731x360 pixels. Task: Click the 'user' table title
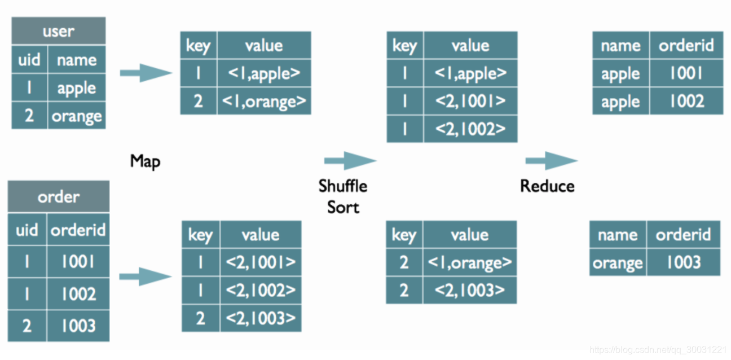58,31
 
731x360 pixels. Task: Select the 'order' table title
58,197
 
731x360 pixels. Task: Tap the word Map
145,161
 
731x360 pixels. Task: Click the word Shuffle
342,186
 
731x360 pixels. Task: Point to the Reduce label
547,186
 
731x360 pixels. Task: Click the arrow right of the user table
146,73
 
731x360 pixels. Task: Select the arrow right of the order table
145,276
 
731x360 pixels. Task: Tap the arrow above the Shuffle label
350,161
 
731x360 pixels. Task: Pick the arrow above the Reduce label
551,161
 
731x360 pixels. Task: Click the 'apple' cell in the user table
77,88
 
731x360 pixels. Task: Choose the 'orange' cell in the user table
77,116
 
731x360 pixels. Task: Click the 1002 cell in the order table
78,293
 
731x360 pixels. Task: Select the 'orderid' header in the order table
78,230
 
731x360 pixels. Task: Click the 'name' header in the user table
77,60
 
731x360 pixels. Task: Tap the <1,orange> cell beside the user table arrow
264,101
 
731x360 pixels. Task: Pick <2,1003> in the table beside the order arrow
261,318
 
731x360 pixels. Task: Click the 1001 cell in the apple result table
686,73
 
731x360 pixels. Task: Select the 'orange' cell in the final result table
618,262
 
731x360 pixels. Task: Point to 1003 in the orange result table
683,262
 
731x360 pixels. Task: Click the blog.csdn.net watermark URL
658,350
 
